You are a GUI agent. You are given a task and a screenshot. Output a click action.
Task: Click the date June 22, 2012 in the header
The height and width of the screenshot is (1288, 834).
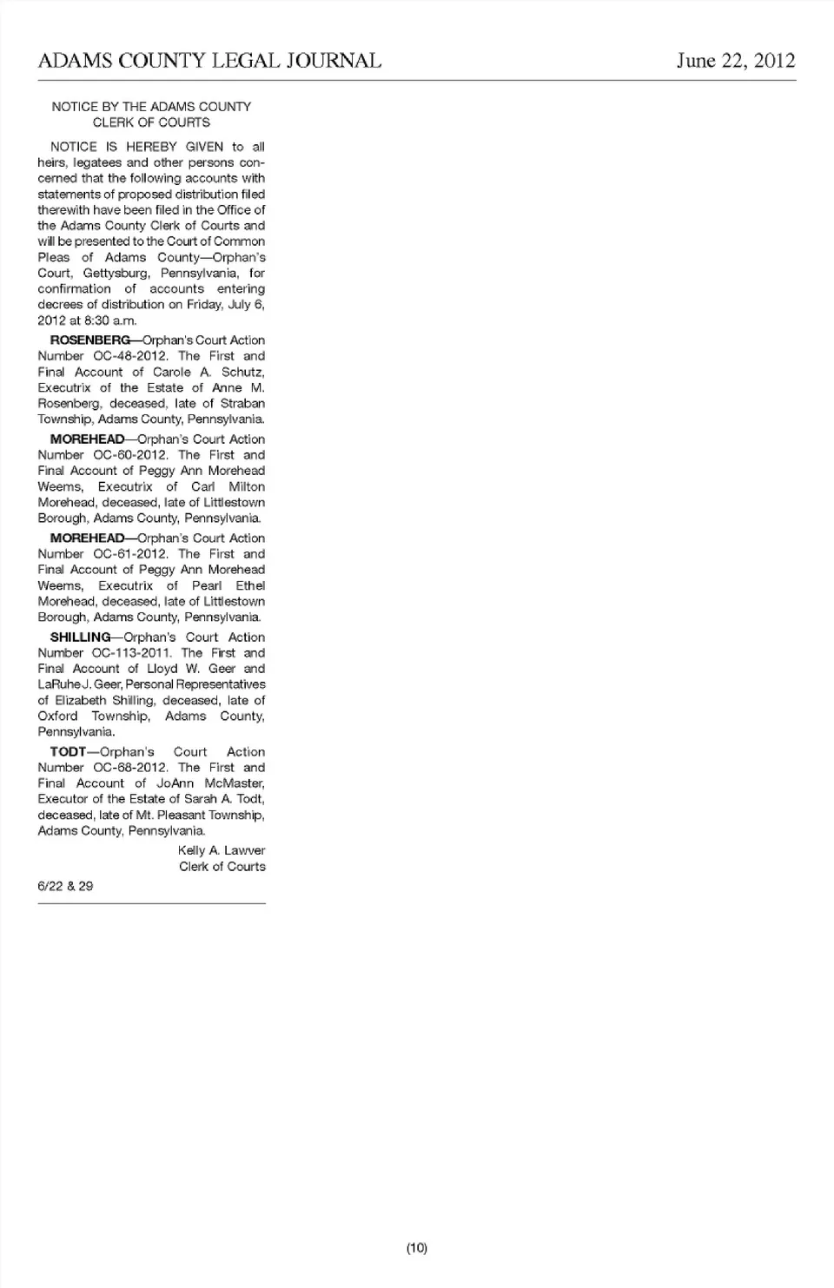click(x=735, y=61)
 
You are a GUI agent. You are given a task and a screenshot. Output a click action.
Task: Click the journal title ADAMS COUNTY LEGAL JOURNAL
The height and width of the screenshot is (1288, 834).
click(x=209, y=61)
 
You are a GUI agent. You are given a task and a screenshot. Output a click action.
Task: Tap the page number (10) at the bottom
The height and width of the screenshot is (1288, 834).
click(x=417, y=1248)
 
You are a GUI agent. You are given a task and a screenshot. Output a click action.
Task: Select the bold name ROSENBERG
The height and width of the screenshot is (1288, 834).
click(x=90, y=340)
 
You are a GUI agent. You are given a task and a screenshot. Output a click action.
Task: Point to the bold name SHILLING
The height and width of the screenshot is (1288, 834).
click(x=81, y=637)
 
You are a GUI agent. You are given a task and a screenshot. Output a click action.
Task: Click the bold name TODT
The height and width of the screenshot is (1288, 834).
click(x=69, y=752)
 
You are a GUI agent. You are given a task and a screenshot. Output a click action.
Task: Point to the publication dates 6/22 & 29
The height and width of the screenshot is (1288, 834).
click(x=65, y=887)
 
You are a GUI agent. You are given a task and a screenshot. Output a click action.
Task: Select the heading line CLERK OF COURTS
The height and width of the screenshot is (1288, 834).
click(x=151, y=122)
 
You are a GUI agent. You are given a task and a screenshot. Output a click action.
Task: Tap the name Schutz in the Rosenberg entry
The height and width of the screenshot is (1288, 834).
click(x=242, y=372)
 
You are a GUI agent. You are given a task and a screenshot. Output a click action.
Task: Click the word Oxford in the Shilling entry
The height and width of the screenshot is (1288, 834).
click(x=57, y=717)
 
